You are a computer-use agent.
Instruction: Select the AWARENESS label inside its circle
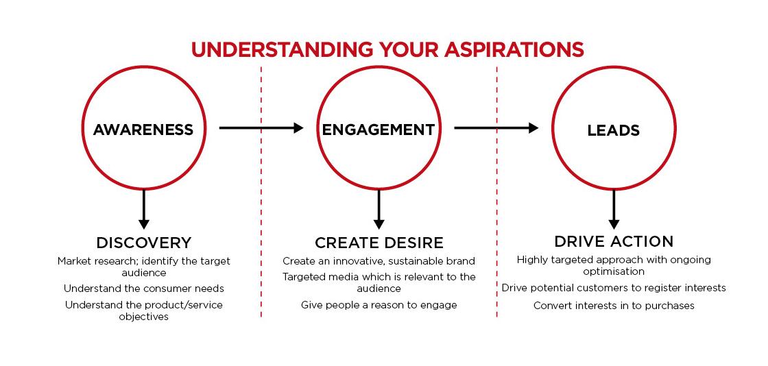coord(143,130)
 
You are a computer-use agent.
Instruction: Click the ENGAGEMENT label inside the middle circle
coord(378,130)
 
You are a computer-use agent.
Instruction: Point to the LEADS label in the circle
coord(613,131)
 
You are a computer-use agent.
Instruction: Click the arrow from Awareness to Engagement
coord(261,128)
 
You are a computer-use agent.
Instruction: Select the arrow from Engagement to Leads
coord(496,128)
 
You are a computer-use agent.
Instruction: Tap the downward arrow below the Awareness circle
coord(143,210)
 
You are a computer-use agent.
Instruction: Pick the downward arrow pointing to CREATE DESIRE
coord(379,210)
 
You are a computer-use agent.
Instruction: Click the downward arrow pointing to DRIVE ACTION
coord(614,210)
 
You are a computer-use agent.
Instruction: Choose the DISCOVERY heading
coord(143,243)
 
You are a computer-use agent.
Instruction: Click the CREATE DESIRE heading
coord(379,243)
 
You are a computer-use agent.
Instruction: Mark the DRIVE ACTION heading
coord(614,241)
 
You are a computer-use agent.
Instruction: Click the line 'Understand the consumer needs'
coord(143,288)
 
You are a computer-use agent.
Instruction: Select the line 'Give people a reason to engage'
coord(379,305)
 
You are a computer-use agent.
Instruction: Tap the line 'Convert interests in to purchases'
coord(614,306)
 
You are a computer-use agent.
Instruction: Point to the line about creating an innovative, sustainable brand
coord(379,261)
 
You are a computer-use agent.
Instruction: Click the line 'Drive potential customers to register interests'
coord(614,288)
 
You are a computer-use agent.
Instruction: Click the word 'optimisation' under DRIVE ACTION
coord(614,271)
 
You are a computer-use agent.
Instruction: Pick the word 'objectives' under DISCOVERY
coord(143,317)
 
